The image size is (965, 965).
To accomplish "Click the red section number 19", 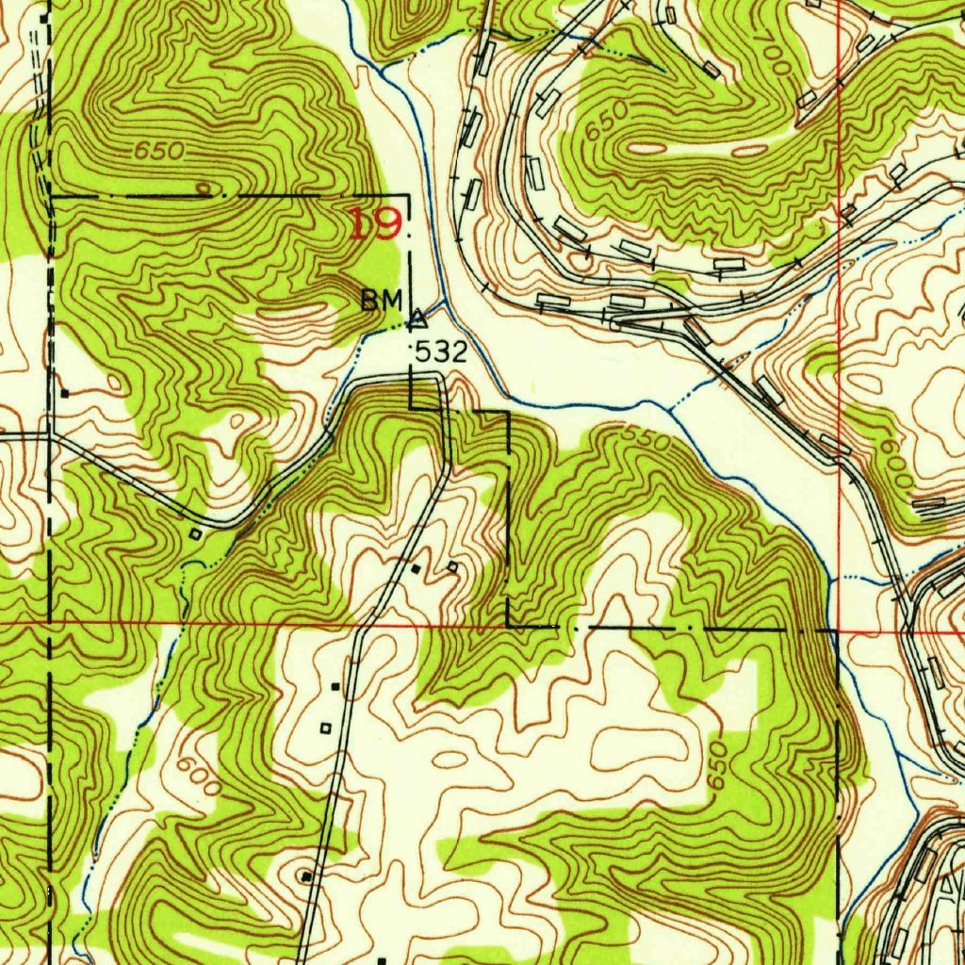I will click(x=377, y=224).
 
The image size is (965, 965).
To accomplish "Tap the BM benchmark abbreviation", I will click(x=382, y=300).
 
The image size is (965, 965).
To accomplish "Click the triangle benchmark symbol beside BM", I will click(x=417, y=319).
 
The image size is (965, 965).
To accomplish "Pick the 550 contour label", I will click(x=646, y=436).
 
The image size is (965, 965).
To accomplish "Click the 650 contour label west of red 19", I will click(x=158, y=151).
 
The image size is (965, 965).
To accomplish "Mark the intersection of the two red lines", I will click(x=838, y=629).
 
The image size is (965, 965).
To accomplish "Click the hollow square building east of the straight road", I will click(x=452, y=567).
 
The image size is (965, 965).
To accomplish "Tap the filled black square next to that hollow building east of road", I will click(x=417, y=568).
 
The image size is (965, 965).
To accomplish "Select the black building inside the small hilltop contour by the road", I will click(x=306, y=876).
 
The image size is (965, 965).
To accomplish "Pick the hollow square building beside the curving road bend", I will click(x=195, y=534).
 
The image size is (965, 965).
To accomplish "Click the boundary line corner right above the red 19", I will click(x=408, y=196).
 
